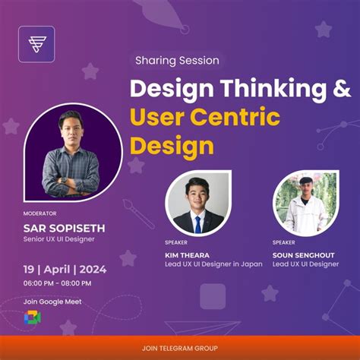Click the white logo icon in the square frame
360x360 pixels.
tap(36, 43)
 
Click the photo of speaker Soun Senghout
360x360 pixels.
tap(305, 203)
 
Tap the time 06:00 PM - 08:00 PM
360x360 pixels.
tap(57, 283)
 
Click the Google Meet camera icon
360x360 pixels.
tap(33, 318)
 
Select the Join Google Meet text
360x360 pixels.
tap(52, 302)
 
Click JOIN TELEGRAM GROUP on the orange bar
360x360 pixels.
tap(179, 348)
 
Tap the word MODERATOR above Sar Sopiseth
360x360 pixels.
tap(39, 213)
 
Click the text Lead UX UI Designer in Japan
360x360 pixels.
tap(213, 264)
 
